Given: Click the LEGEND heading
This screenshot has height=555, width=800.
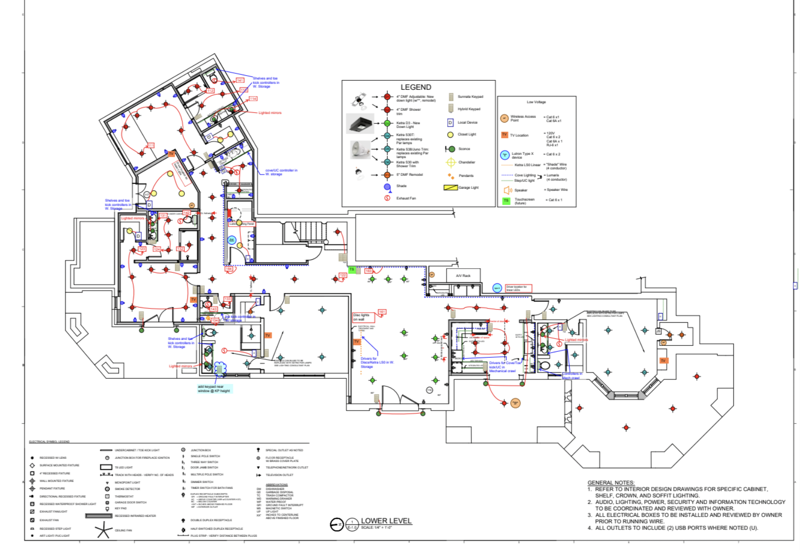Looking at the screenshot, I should pyautogui.click(x=416, y=87).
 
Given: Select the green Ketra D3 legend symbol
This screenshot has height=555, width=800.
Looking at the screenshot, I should pyautogui.click(x=387, y=123).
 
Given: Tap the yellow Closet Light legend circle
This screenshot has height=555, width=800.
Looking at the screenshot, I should pyautogui.click(x=450, y=134).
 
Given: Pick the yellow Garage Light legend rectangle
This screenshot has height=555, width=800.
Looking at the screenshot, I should pyautogui.click(x=450, y=187).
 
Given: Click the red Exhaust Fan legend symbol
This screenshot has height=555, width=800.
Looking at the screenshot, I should pyautogui.click(x=387, y=198).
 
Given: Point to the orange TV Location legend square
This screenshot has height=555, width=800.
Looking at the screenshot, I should pyautogui.click(x=504, y=135).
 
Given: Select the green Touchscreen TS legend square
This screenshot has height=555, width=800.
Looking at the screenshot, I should pyautogui.click(x=506, y=200).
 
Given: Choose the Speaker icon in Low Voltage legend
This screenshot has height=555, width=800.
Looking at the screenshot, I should pyautogui.click(x=507, y=190).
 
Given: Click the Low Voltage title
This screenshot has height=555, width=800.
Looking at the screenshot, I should pyautogui.click(x=536, y=102).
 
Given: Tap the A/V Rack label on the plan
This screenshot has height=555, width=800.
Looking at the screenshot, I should pyautogui.click(x=463, y=276).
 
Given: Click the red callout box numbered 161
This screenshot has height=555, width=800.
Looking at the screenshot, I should pyautogui.click(x=382, y=312).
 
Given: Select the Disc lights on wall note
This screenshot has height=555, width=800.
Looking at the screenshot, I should pyautogui.click(x=362, y=317).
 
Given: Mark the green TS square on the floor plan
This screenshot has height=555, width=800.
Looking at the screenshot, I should pyautogui.click(x=352, y=270).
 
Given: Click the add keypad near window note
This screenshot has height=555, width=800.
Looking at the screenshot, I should pyautogui.click(x=214, y=389).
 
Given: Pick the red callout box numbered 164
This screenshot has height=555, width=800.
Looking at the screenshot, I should pyautogui.click(x=229, y=269).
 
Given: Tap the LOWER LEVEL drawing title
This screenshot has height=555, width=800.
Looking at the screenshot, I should pyautogui.click(x=386, y=520).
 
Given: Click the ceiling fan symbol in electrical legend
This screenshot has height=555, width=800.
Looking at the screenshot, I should pyautogui.click(x=104, y=530).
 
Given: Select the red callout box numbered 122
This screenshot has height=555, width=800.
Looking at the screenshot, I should pyautogui.click(x=343, y=275).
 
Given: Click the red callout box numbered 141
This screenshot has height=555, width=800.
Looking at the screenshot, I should pyautogui.click(x=240, y=80).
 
